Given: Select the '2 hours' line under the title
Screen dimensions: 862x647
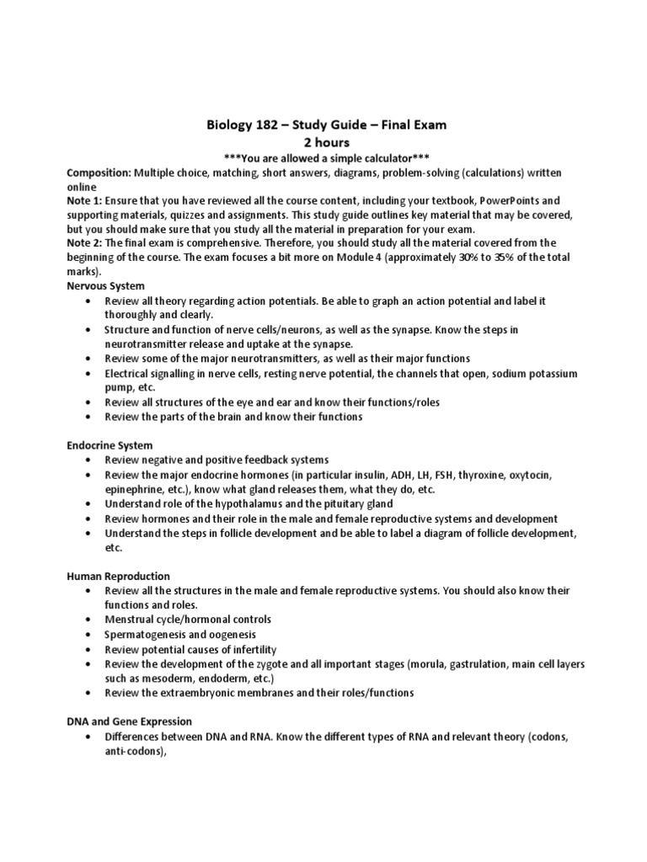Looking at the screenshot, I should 326,143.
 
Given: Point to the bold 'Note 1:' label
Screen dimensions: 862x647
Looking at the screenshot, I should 85,200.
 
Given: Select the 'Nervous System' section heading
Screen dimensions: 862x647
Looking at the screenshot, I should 105,286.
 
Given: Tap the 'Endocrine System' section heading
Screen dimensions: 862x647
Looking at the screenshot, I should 110,445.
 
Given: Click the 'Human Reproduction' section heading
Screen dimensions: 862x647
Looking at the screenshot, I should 118,576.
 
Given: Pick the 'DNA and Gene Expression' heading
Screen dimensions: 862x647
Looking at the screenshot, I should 130,721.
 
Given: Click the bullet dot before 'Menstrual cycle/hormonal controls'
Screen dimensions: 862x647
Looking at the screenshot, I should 88,620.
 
